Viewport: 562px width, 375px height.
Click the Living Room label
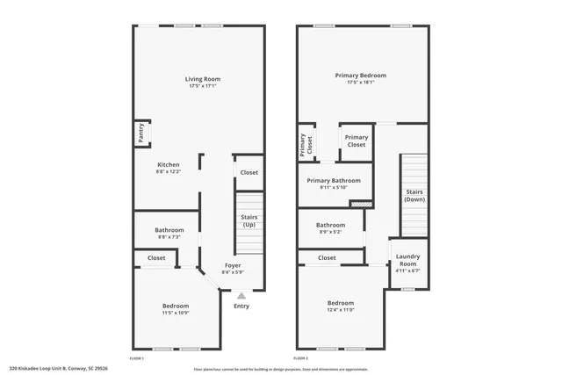click(x=202, y=79)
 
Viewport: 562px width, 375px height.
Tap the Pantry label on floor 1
click(x=140, y=133)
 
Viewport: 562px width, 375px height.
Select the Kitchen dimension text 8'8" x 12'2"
click(x=168, y=172)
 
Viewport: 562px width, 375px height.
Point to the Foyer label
click(x=232, y=265)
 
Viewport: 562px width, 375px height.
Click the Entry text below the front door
click(x=241, y=306)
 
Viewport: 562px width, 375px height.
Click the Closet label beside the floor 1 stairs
click(x=249, y=173)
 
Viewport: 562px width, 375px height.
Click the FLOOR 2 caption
click(x=300, y=359)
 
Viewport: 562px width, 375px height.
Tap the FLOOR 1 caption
click(x=136, y=359)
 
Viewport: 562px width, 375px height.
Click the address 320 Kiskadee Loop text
click(x=58, y=369)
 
